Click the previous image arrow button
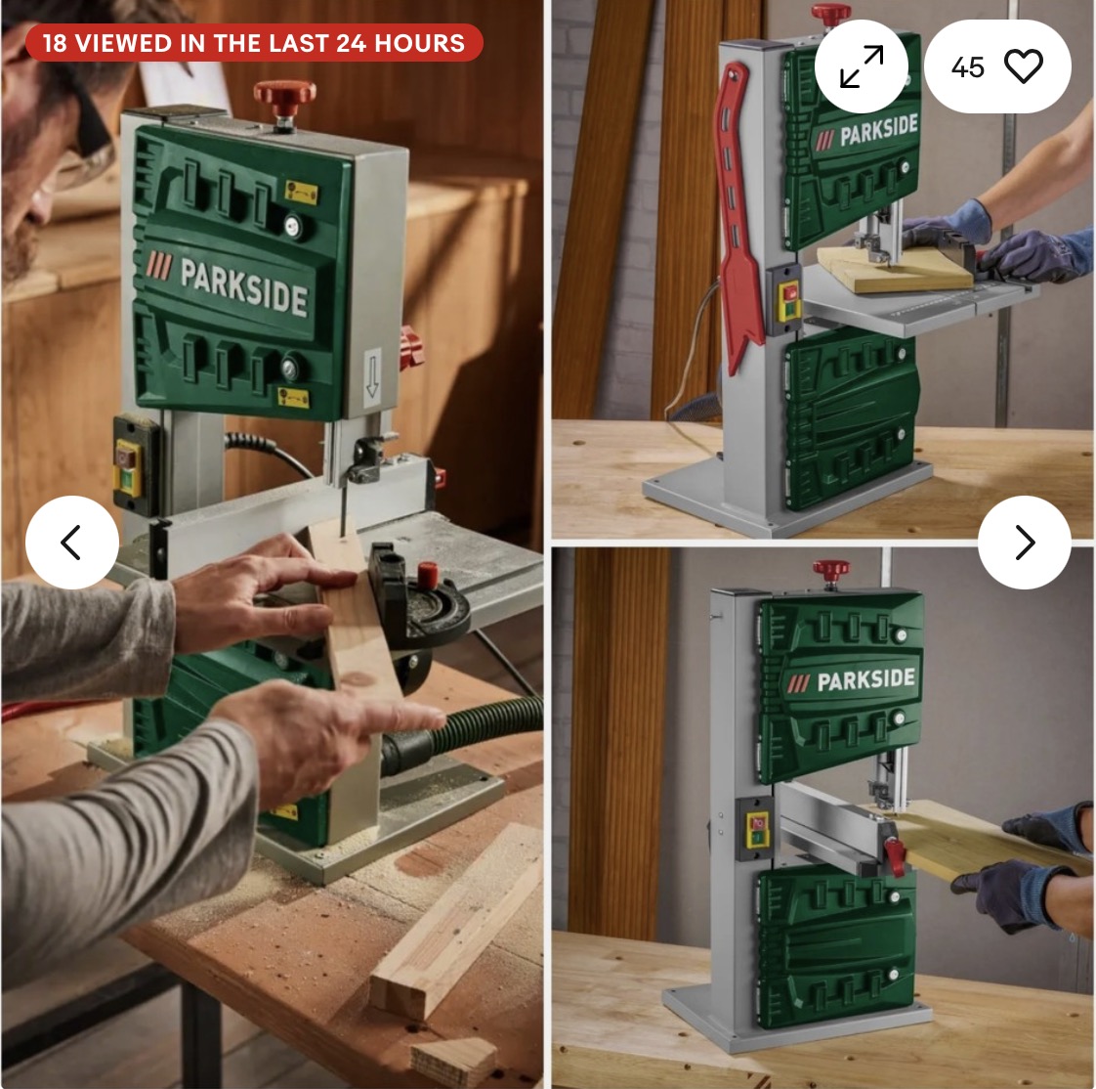tap(72, 542)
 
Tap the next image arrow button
tap(1024, 542)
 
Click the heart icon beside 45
tap(1024, 67)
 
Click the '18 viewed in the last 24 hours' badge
tap(254, 43)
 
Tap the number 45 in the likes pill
tap(967, 67)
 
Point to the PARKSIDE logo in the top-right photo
tap(866, 133)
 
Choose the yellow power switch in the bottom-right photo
tap(757, 830)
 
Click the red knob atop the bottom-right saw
tap(831, 570)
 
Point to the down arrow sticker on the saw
tap(372, 377)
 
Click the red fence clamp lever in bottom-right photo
tap(894, 856)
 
